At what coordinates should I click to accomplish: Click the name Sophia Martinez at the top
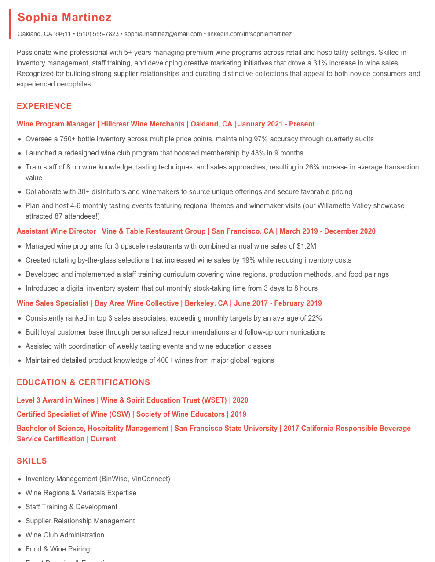(x=65, y=18)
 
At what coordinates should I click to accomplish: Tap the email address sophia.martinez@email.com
(x=163, y=34)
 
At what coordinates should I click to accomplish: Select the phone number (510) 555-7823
(x=98, y=34)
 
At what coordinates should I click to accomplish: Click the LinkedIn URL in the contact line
(x=249, y=34)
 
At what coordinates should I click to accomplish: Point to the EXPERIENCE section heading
(x=44, y=106)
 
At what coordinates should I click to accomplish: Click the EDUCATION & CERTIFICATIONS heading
(x=83, y=382)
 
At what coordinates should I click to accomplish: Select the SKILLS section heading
(x=32, y=461)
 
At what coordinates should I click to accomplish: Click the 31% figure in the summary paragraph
(x=320, y=63)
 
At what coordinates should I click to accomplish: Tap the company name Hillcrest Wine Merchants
(x=143, y=124)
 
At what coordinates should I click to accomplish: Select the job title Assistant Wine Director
(x=56, y=231)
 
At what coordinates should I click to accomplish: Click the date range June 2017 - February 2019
(x=278, y=303)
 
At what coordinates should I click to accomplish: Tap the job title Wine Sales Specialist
(x=53, y=303)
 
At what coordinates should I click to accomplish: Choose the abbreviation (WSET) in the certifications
(x=214, y=400)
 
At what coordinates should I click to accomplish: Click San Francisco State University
(x=226, y=429)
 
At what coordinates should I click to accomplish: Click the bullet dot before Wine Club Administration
(x=20, y=535)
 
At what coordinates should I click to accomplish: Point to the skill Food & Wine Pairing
(x=58, y=549)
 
